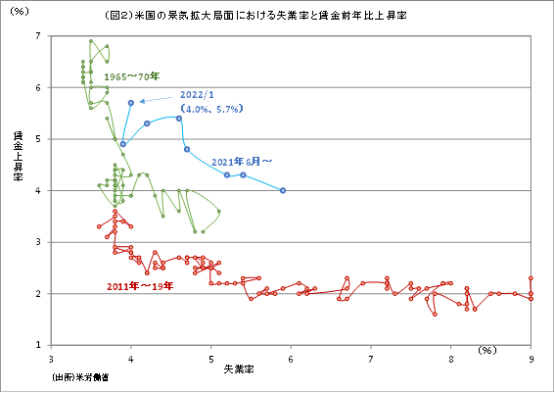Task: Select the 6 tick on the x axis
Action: pos(291,358)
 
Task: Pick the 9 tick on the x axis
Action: pos(532,358)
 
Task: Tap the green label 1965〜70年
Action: pos(133,74)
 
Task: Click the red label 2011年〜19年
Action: pos(140,286)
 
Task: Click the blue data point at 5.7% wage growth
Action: pos(131,102)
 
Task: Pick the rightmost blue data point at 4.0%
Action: pos(283,190)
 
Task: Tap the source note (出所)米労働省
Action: pos(82,376)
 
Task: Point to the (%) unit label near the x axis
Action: pos(488,350)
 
